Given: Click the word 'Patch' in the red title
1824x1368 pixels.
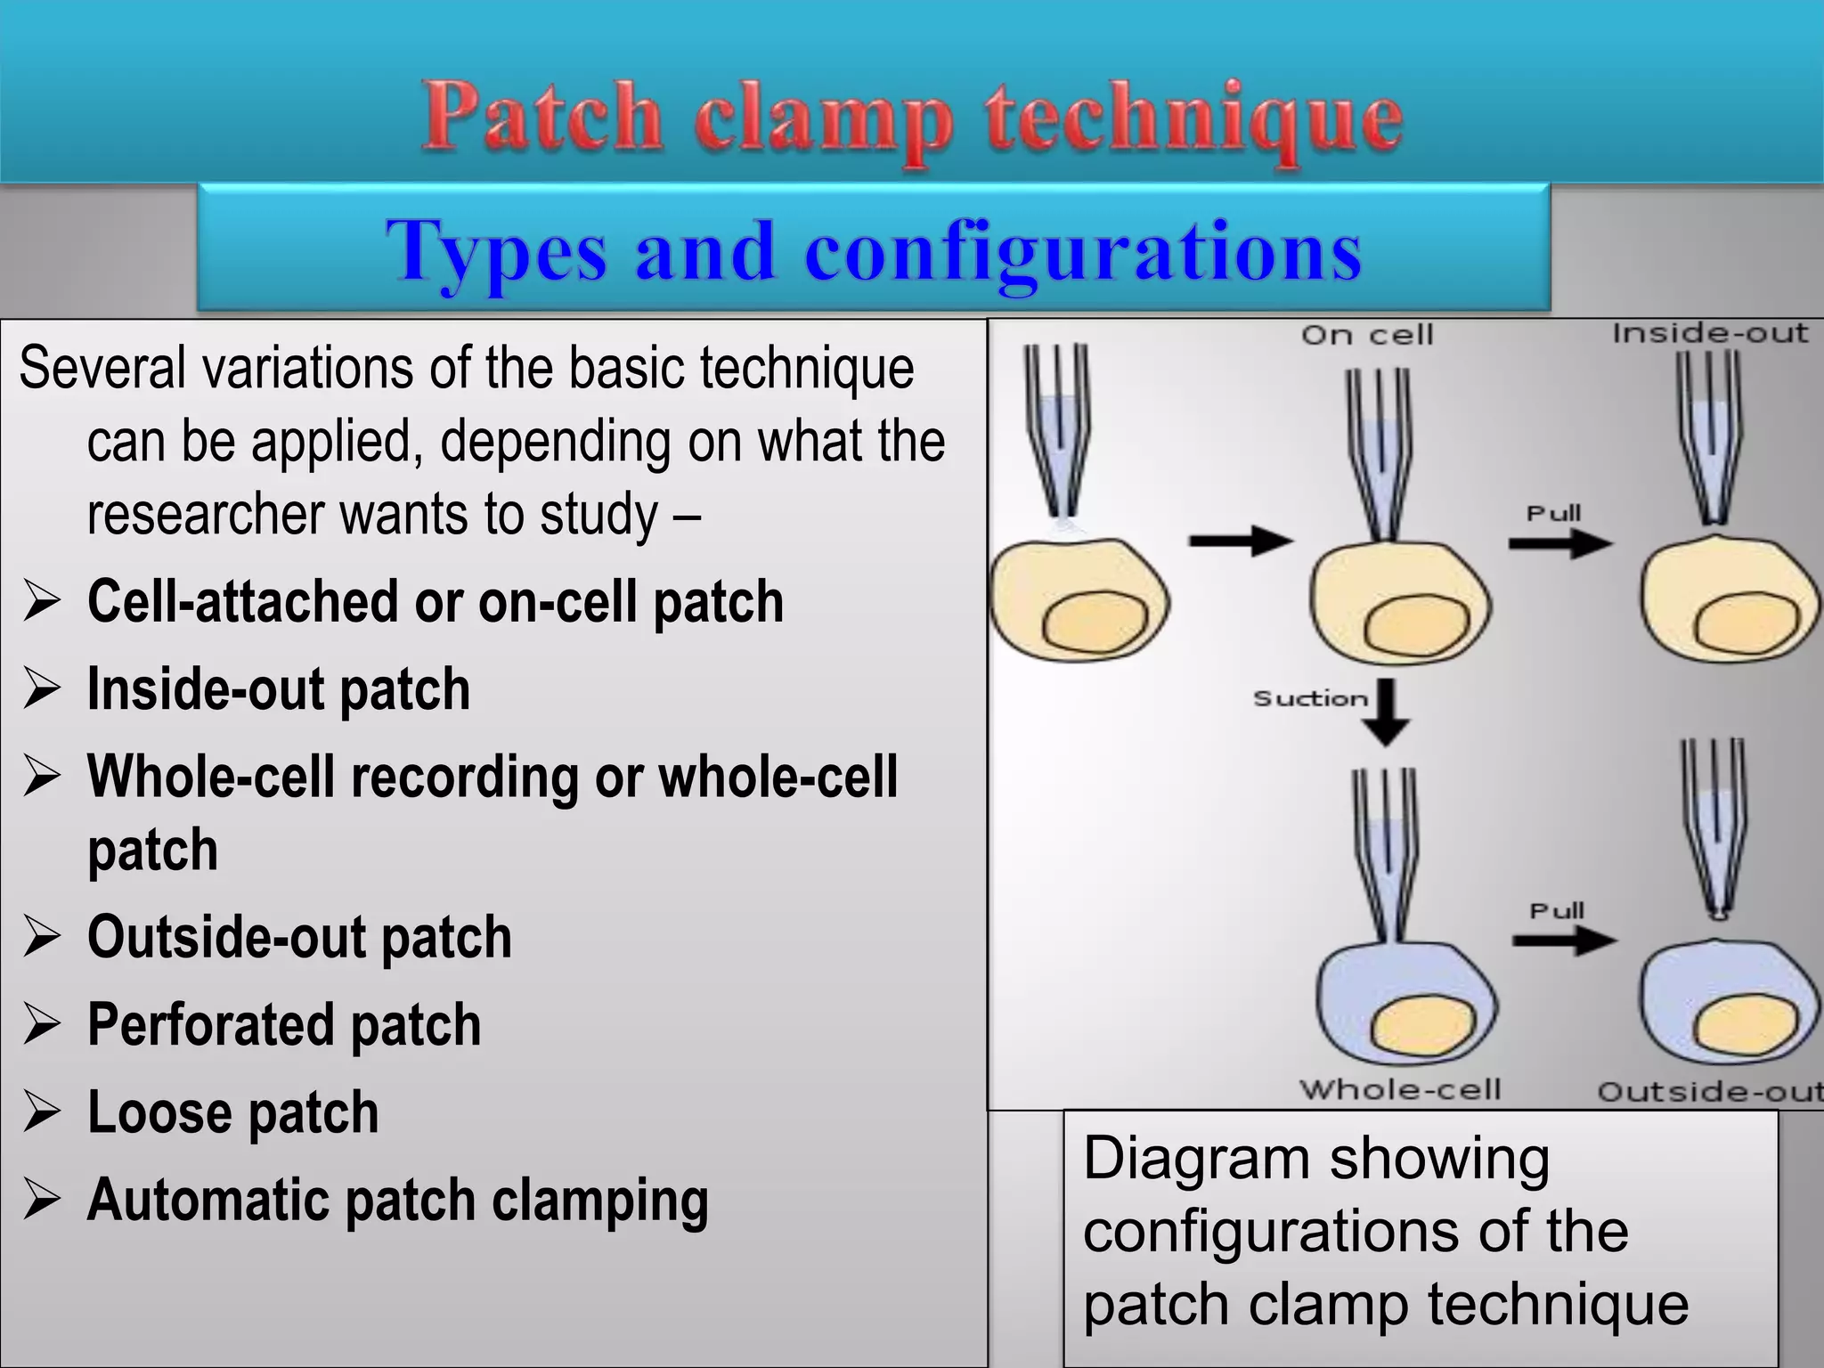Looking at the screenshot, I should pyautogui.click(x=541, y=118).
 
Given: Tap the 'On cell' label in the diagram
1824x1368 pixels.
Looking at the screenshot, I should pyautogui.click(x=1367, y=336).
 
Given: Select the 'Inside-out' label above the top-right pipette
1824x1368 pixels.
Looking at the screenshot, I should pyautogui.click(x=1710, y=333).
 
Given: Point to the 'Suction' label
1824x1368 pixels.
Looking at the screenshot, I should pyautogui.click(x=1310, y=698).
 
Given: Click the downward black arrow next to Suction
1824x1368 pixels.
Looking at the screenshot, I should pyautogui.click(x=1387, y=712).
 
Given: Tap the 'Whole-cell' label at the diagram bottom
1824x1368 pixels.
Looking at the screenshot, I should pyautogui.click(x=1400, y=1089).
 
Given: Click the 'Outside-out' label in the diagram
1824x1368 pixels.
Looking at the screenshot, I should pyautogui.click(x=1708, y=1092).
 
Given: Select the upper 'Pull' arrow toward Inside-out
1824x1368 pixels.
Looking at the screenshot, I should pyautogui.click(x=1560, y=543).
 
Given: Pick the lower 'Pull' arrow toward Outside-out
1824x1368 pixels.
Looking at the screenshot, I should pyautogui.click(x=1564, y=940).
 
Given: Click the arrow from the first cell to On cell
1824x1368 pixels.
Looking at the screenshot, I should pyautogui.click(x=1241, y=540).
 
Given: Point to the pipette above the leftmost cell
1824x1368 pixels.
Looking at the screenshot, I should pyautogui.click(x=1057, y=427).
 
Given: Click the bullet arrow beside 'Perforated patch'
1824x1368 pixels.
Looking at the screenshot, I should pyautogui.click(x=42, y=1025).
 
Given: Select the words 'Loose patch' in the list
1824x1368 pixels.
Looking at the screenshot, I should pyautogui.click(x=232, y=1112).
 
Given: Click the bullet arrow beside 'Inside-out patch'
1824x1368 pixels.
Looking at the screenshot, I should pyautogui.click(x=42, y=690).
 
